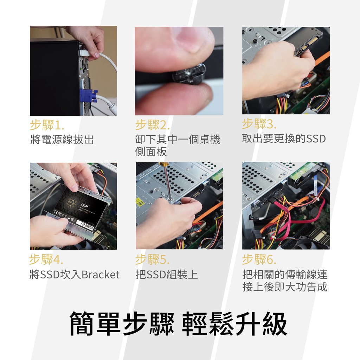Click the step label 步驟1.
pyautogui.click(x=47, y=125)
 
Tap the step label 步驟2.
pyautogui.click(x=153, y=125)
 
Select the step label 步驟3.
pyautogui.click(x=259, y=124)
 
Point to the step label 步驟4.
pyautogui.click(x=46, y=259)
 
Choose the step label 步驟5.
pyautogui.click(x=153, y=259)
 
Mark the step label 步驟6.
pyautogui.click(x=259, y=259)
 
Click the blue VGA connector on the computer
pyautogui.click(x=88, y=95)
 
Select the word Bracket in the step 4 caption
pyautogui.click(x=101, y=275)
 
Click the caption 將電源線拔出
pyautogui.click(x=62, y=140)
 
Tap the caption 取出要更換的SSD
pyautogui.click(x=284, y=139)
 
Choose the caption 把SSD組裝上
pyautogui.click(x=167, y=275)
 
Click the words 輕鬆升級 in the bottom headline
pyautogui.click(x=234, y=324)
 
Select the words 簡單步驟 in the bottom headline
pyautogui.click(x=122, y=324)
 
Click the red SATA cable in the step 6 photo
pyautogui.click(x=298, y=218)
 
